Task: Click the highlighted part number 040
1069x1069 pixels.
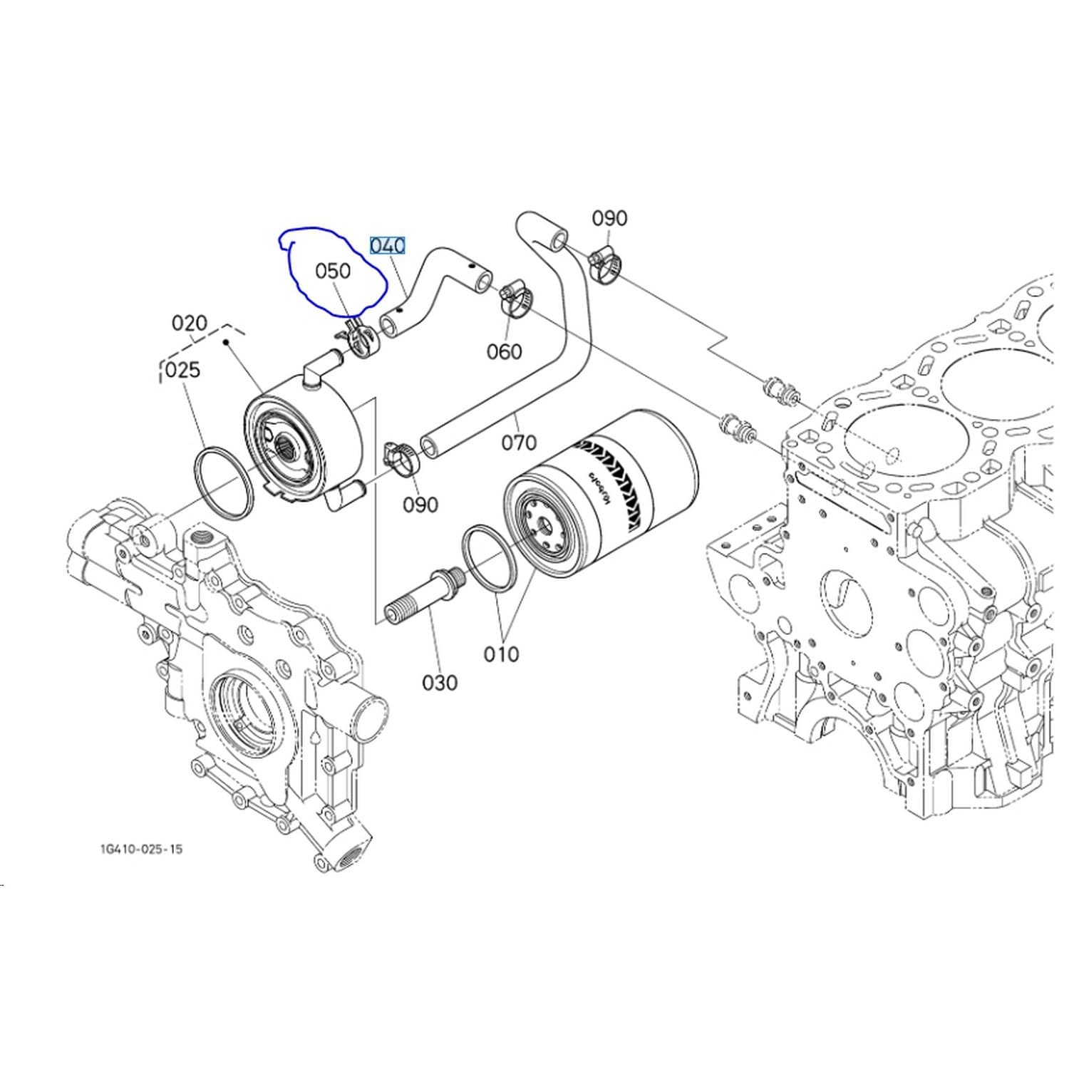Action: coord(388,246)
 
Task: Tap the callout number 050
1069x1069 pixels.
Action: coord(333,271)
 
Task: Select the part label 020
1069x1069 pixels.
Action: coord(190,324)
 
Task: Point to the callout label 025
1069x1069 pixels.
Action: coord(182,370)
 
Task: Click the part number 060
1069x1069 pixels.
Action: coord(505,351)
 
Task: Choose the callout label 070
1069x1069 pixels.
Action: coord(519,443)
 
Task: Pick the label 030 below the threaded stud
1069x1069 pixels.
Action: coord(440,683)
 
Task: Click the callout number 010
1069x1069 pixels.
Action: coord(501,654)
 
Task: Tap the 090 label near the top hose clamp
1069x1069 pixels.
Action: coord(609,218)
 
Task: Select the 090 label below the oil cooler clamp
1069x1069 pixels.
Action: coord(420,505)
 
